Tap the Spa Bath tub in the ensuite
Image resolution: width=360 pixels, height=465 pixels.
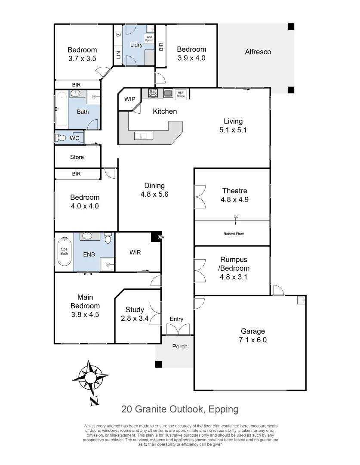click(x=64, y=251)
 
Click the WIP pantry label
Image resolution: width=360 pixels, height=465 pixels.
click(x=130, y=99)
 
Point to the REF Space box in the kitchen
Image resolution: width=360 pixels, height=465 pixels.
click(x=181, y=94)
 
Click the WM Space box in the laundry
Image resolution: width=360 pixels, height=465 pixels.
click(x=149, y=39)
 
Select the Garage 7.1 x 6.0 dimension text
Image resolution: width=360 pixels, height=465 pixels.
click(x=253, y=339)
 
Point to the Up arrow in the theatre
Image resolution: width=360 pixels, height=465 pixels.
click(x=236, y=220)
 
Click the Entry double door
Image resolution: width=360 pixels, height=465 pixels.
click(x=177, y=330)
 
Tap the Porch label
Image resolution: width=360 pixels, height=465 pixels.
click(x=180, y=346)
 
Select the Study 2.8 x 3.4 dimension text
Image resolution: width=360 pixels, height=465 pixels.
click(x=135, y=318)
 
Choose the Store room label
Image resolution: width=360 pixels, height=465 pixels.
click(x=77, y=157)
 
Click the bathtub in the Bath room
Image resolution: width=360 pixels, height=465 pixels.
click(x=61, y=109)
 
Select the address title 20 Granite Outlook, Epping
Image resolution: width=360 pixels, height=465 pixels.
click(x=180, y=409)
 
